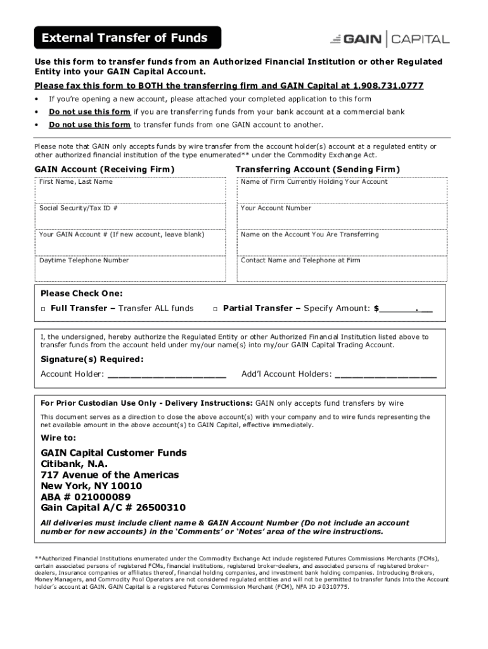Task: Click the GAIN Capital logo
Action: (389, 39)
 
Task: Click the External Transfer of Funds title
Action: (125, 38)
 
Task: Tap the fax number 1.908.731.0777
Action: (389, 86)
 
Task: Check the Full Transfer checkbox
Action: (43, 309)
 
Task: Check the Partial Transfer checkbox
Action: (215, 309)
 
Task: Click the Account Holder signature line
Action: (167, 375)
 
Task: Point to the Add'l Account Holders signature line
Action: (385, 375)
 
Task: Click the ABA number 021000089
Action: (104, 497)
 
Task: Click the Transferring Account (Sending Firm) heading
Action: (318, 169)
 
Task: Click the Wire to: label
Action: (58, 438)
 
